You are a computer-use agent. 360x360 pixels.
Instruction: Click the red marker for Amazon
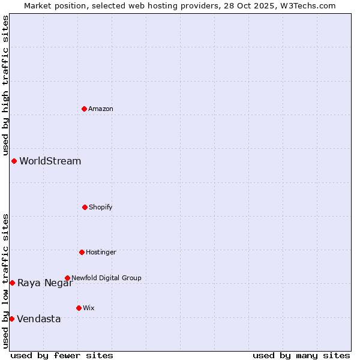pos(84,109)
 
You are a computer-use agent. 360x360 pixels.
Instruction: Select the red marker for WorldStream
pos(14,161)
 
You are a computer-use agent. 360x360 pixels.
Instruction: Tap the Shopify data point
pos(85,207)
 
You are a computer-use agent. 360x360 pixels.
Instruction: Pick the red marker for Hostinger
pos(82,252)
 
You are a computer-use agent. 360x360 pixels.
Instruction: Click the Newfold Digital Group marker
pos(67,278)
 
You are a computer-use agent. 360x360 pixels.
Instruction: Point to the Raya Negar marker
pos(12,283)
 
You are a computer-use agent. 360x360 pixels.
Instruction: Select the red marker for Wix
pos(79,308)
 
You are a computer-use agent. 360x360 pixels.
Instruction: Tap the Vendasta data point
pos(11,319)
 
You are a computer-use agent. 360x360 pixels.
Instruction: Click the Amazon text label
pos(101,109)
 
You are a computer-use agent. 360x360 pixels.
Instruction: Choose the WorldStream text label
pos(50,161)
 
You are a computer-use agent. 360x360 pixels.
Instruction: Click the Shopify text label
pos(101,207)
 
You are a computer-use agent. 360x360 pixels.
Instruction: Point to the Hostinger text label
pos(101,252)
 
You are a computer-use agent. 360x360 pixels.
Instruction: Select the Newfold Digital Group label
pos(106,278)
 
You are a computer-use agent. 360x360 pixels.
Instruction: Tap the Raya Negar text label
pos(44,283)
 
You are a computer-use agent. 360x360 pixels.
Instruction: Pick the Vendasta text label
pos(39,319)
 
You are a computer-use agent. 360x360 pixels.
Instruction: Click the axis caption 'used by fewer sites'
pos(62,355)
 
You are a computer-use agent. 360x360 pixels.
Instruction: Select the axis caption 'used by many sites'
pos(301,355)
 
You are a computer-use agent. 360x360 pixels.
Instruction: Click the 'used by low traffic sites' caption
pos(5,281)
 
